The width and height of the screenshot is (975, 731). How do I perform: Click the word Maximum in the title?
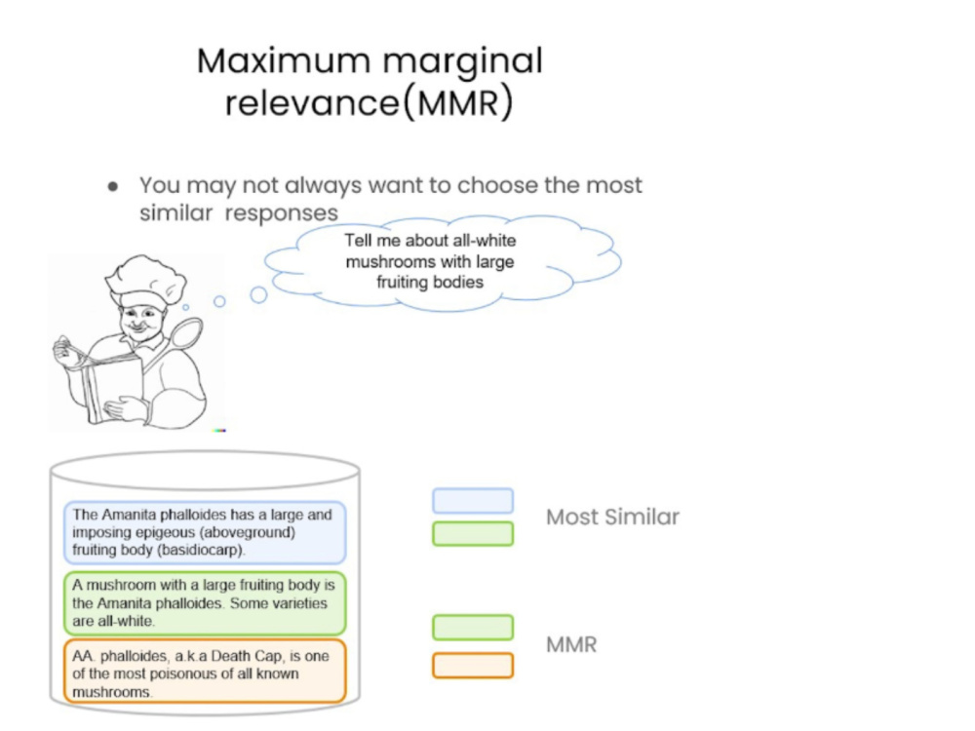(284, 60)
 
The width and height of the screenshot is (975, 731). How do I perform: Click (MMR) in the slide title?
(459, 102)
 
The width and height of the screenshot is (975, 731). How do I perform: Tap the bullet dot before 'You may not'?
(112, 186)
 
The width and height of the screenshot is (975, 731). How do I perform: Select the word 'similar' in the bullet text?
(175, 212)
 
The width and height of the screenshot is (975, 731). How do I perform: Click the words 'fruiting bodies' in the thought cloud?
(430, 283)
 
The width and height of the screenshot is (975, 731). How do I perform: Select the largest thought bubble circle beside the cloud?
(258, 294)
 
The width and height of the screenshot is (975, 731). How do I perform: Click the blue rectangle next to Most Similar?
(473, 501)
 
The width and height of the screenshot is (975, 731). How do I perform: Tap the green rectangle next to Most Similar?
(473, 534)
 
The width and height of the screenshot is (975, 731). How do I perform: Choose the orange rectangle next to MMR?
(473, 665)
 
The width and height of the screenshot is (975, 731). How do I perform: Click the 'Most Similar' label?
(612, 518)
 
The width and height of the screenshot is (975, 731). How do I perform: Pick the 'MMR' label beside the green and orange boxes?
(571, 644)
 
